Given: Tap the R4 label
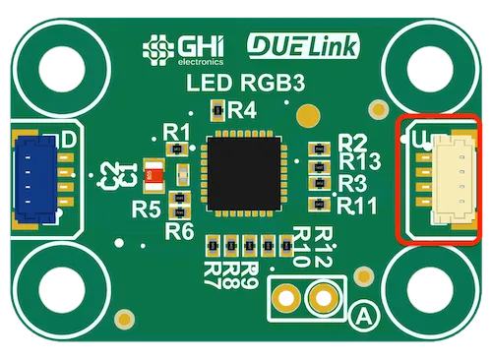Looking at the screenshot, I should [242, 109].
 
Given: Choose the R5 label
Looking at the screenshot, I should [146, 209].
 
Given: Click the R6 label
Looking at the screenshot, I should [179, 231].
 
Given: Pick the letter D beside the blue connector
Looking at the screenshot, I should [69, 141].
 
